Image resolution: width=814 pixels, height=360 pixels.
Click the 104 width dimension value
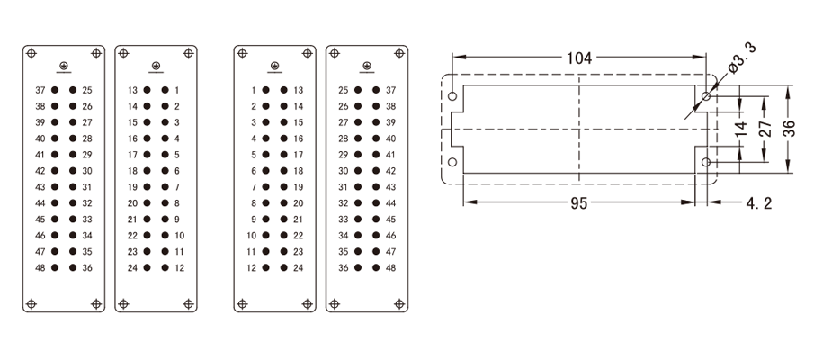click(578, 58)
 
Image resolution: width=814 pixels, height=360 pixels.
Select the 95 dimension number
click(577, 204)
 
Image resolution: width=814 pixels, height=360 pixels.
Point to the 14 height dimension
click(740, 129)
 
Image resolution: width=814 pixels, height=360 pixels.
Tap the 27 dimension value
click(765, 128)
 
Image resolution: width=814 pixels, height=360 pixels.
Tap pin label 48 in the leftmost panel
click(40, 267)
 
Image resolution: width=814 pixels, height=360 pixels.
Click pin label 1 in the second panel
click(177, 90)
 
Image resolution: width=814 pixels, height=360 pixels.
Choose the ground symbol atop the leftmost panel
click(64, 66)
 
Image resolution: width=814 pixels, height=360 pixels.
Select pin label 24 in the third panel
click(299, 267)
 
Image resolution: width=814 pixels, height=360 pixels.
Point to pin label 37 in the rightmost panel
click(390, 90)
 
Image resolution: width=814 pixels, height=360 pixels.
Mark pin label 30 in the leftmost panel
click(87, 170)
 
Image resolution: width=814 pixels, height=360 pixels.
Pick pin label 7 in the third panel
click(254, 186)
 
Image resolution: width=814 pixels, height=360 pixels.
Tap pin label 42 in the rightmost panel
click(390, 170)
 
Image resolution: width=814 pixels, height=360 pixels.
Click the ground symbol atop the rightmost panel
click(366, 66)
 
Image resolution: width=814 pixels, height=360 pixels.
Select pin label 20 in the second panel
click(132, 202)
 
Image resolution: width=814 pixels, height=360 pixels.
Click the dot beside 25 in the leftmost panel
click(73, 90)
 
